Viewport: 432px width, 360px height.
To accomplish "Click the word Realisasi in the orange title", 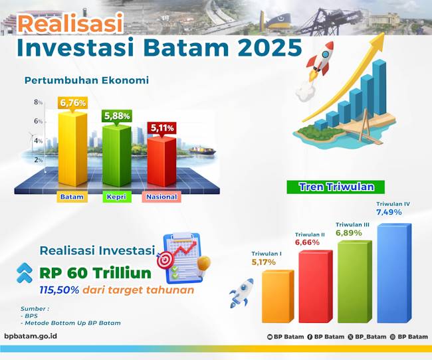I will tap(70, 24).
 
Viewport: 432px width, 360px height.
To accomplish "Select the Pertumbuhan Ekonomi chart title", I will tap(86, 80).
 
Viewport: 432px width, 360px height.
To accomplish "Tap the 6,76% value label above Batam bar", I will tap(72, 103).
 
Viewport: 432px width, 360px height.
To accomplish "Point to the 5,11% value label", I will tap(162, 128).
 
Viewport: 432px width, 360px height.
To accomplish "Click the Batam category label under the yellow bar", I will tap(72, 197).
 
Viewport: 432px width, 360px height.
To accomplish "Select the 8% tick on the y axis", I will tap(39, 102).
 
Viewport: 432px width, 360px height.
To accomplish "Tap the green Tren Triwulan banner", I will tap(336, 187).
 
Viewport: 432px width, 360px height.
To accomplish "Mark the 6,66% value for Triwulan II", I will tap(308, 242).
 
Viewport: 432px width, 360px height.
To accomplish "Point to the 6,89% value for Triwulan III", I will tap(349, 233).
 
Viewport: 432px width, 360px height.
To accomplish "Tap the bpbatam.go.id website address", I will tap(31, 337).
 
